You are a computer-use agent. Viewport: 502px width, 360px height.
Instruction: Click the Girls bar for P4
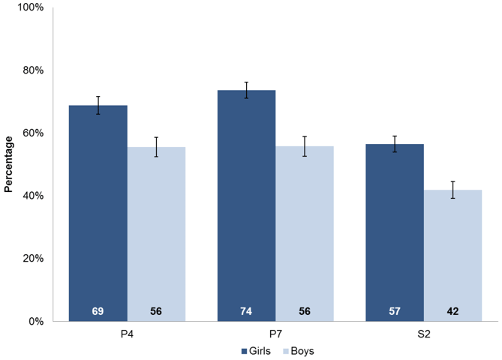tap(98, 213)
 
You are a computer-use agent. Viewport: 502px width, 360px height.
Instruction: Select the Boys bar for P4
tap(156, 234)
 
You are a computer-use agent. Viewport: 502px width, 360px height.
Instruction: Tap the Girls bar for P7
tap(247, 205)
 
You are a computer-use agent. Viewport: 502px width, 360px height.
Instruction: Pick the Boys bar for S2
tap(452, 255)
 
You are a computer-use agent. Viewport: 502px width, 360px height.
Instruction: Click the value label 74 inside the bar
tap(246, 311)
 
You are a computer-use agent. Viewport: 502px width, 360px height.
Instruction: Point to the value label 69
tap(98, 311)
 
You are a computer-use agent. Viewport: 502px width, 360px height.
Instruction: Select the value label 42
tap(452, 311)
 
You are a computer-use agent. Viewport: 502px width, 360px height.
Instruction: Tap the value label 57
tap(395, 311)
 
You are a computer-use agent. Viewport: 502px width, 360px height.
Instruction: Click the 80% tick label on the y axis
tap(33, 70)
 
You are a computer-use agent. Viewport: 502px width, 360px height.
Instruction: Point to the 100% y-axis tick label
tap(31, 7)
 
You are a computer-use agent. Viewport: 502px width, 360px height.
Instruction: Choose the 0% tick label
tap(36, 321)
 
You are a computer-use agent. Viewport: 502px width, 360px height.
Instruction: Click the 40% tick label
tap(33, 196)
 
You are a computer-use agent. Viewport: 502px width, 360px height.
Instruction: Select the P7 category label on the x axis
tap(275, 334)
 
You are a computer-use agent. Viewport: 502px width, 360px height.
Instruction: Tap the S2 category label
tap(424, 334)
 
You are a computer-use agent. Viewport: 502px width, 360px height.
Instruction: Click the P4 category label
tap(127, 334)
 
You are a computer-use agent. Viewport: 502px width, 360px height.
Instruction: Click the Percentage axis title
tap(8, 164)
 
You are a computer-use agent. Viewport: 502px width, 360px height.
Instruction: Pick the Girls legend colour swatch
tap(244, 351)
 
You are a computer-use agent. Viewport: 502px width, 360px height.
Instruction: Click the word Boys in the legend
tap(302, 351)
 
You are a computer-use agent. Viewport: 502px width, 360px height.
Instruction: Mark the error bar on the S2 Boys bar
tap(452, 190)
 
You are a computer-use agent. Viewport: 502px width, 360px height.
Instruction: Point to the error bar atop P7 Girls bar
tap(247, 90)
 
